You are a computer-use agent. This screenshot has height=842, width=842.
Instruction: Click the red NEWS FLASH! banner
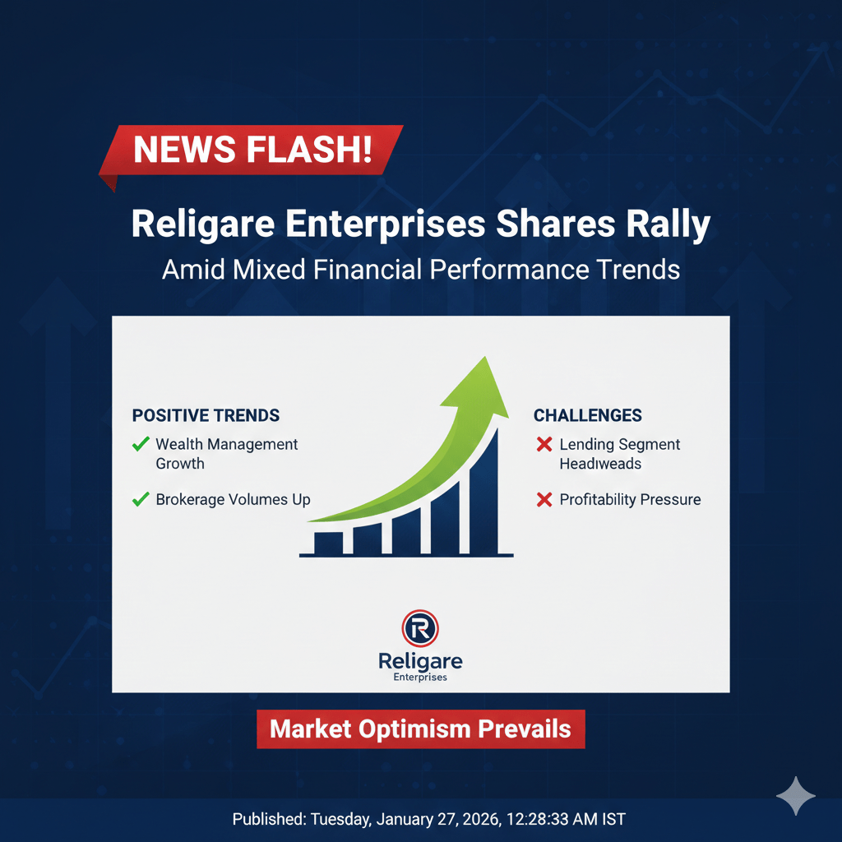tap(252, 150)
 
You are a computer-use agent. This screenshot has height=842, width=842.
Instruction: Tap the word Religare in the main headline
tap(203, 224)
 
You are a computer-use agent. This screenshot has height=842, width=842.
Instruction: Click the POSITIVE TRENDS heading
tap(206, 415)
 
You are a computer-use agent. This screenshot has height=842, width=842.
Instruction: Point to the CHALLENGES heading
tap(587, 415)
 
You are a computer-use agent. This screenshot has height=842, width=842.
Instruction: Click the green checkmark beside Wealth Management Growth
tap(141, 444)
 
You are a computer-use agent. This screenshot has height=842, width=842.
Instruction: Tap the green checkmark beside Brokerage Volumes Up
tap(141, 499)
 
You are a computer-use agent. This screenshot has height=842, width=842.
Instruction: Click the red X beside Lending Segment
tap(544, 444)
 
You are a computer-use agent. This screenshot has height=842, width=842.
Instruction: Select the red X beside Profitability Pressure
tap(544, 500)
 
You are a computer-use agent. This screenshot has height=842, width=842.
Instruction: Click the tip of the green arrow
tap(486, 357)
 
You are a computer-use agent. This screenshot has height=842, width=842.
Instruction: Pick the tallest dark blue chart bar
tap(484, 492)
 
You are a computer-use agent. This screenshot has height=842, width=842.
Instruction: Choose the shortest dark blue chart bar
tap(328, 543)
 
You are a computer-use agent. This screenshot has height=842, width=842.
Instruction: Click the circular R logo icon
tap(420, 628)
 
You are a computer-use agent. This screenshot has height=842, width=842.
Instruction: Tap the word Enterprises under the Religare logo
tap(420, 678)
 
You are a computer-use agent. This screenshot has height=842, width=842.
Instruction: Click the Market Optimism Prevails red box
tap(421, 729)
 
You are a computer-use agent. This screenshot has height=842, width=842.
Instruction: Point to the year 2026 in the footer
tap(480, 820)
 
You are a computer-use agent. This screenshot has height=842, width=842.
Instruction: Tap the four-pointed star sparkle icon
tap(796, 796)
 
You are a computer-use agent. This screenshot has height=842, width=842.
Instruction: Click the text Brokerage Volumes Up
tap(233, 500)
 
